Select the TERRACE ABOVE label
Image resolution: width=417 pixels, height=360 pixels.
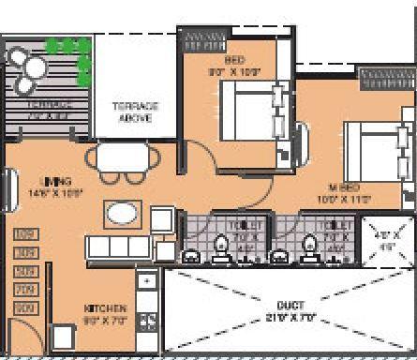tap(137, 112)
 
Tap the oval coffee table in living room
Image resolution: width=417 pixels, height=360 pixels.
tap(124, 215)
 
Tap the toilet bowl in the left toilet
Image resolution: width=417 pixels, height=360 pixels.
tap(221, 246)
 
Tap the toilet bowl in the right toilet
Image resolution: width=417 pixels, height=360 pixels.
tap(332, 247)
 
